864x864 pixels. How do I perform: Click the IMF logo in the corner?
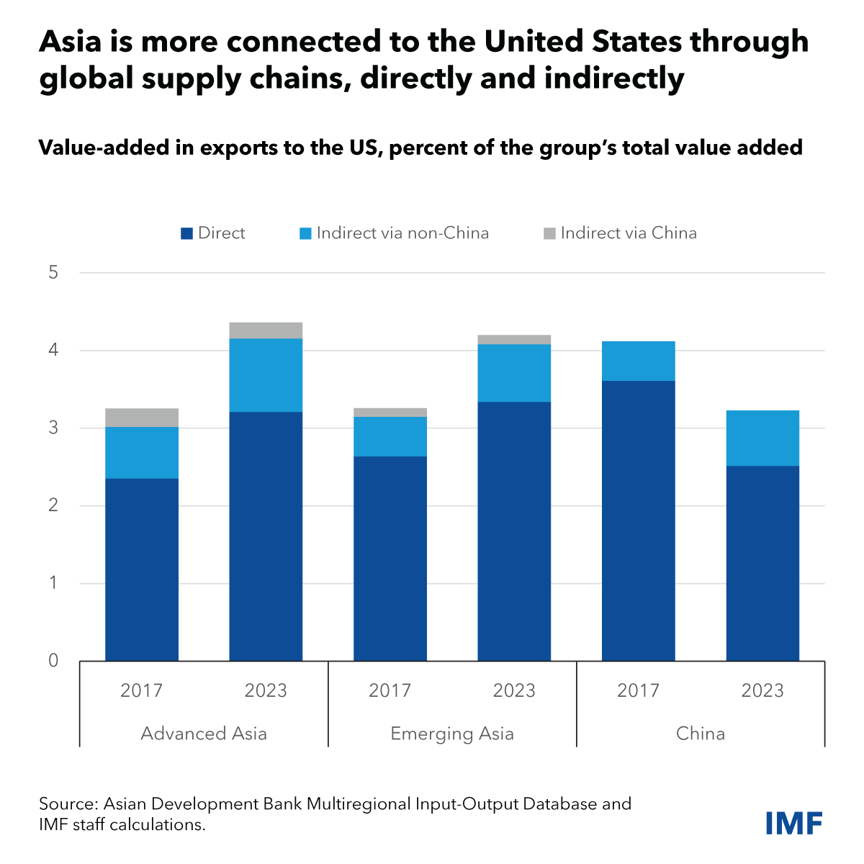[x=793, y=823]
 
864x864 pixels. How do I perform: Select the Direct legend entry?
[x=213, y=233]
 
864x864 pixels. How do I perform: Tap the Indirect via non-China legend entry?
[x=394, y=233]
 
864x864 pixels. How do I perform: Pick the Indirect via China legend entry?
[x=620, y=233]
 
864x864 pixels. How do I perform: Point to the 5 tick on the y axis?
[x=53, y=273]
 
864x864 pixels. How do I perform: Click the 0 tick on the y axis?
[x=53, y=660]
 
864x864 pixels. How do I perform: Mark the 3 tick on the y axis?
[x=53, y=428]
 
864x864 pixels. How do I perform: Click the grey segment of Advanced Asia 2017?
[x=142, y=418]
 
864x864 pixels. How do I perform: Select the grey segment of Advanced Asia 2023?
[x=266, y=330]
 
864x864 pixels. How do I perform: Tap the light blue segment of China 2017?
[x=639, y=361]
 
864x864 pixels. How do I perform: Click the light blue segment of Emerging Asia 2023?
[x=514, y=373]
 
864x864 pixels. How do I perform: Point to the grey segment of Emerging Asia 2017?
[x=390, y=413]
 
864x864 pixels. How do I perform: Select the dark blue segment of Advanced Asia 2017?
[x=142, y=569]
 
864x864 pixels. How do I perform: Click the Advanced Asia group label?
[x=204, y=734]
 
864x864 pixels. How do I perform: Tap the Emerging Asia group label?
[x=452, y=734]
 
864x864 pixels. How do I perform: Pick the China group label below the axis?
[x=701, y=734]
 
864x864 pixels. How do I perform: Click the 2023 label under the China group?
[x=762, y=690]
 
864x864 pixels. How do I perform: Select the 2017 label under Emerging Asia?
[x=390, y=690]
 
